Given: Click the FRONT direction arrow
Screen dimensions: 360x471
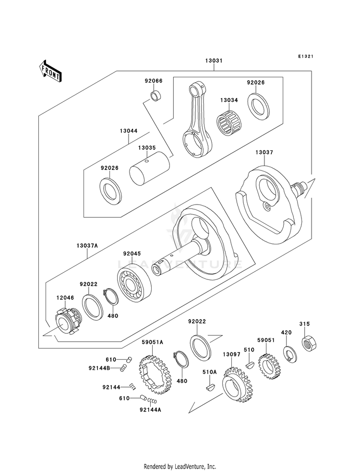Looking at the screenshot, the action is (x=50, y=72).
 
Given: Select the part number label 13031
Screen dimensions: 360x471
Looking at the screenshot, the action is (x=214, y=60).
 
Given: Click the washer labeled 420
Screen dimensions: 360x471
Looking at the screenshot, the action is (x=290, y=354).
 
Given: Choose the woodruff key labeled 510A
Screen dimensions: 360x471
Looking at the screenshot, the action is (x=209, y=387).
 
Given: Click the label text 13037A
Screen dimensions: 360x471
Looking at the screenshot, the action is (x=87, y=245).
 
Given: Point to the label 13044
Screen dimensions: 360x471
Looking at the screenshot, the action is (x=129, y=131).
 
